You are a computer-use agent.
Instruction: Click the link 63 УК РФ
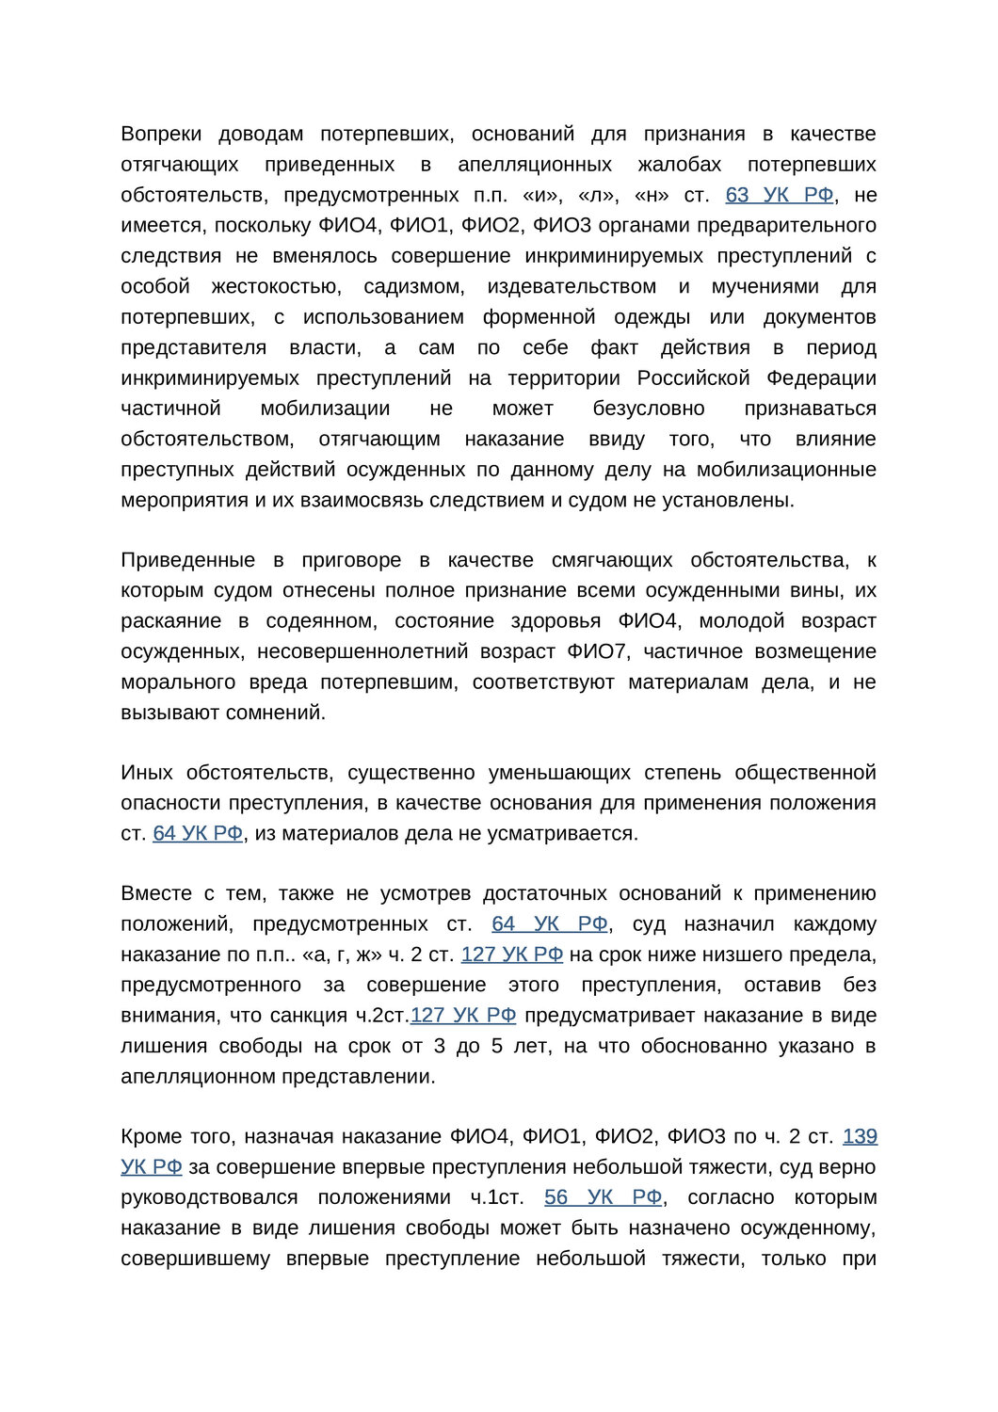click(780, 195)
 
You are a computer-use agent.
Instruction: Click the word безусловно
click(649, 409)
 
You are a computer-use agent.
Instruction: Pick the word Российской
click(694, 377)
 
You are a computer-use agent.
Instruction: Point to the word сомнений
click(283, 713)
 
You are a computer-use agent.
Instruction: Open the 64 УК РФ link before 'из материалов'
click(198, 834)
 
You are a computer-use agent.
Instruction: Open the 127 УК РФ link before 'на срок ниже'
click(512, 955)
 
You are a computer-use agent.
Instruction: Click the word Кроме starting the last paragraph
click(149, 1137)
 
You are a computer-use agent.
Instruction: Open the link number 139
click(860, 1137)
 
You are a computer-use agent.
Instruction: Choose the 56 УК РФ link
click(604, 1197)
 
